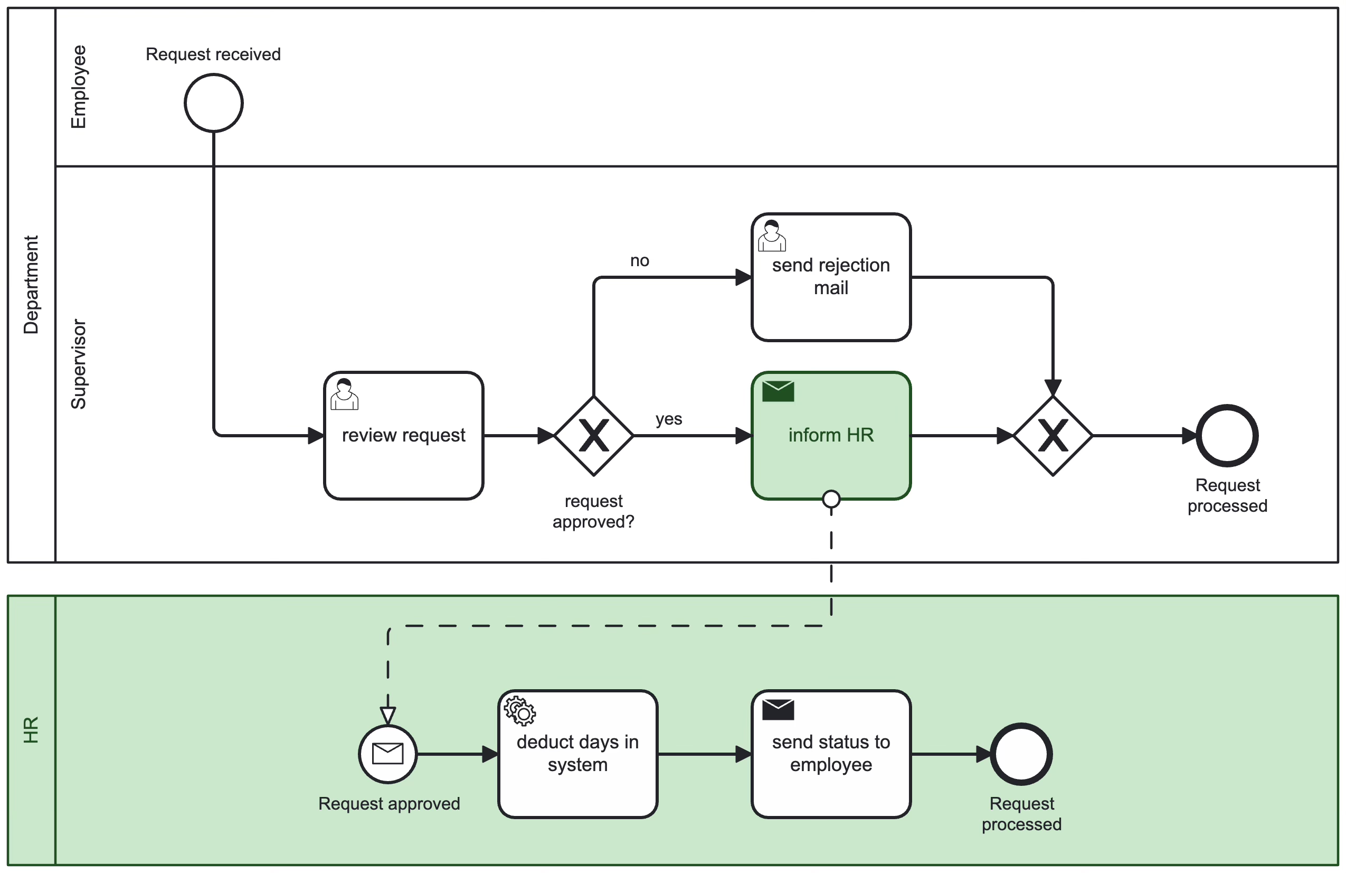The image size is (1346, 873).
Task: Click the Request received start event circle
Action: click(x=213, y=103)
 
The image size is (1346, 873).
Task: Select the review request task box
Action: click(x=403, y=436)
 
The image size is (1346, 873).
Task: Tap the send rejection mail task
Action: click(x=831, y=277)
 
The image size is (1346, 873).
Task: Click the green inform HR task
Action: click(x=831, y=436)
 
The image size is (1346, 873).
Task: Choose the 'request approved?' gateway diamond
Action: click(x=593, y=436)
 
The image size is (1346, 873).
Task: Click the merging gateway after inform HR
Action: click(x=1053, y=436)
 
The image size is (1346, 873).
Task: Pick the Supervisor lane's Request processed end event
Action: click(x=1227, y=436)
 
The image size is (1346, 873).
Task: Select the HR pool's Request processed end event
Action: click(x=1021, y=754)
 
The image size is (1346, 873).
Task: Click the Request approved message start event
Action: click(x=388, y=754)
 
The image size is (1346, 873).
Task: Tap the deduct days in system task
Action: click(x=577, y=754)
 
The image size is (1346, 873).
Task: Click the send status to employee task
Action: click(x=831, y=754)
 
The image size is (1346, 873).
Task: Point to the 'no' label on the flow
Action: click(x=640, y=261)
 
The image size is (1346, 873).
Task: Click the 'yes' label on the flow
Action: click(x=668, y=419)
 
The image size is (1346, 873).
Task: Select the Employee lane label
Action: click(x=78, y=87)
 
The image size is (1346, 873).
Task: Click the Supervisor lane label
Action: click(x=78, y=364)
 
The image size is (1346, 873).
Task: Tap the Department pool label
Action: click(x=31, y=285)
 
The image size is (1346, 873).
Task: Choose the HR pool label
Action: click(x=31, y=730)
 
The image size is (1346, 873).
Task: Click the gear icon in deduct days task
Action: click(x=520, y=711)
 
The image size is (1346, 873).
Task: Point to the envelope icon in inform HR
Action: click(x=778, y=391)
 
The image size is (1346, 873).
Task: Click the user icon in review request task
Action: click(x=344, y=395)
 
